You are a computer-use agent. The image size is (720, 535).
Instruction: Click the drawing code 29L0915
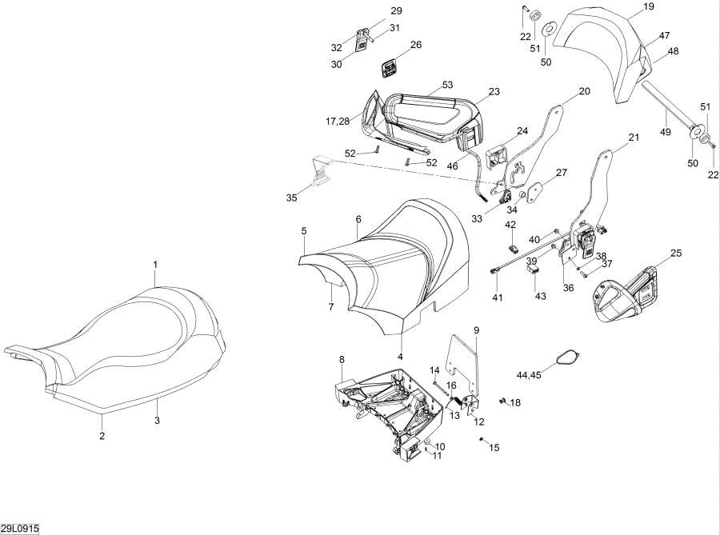coord(20,529)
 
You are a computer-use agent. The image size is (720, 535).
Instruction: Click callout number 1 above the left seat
coord(155,264)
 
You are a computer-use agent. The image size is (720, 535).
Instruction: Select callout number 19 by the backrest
coord(649,6)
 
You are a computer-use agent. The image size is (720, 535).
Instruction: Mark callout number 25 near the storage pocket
coord(676,254)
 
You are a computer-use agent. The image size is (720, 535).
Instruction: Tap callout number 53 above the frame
coord(447,84)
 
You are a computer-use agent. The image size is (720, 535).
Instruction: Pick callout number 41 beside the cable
coord(497,298)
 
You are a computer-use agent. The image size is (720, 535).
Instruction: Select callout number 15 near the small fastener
coord(494,448)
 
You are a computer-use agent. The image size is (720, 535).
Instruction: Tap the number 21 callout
coord(634,138)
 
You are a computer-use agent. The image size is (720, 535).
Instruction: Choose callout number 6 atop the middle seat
coord(358,219)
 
